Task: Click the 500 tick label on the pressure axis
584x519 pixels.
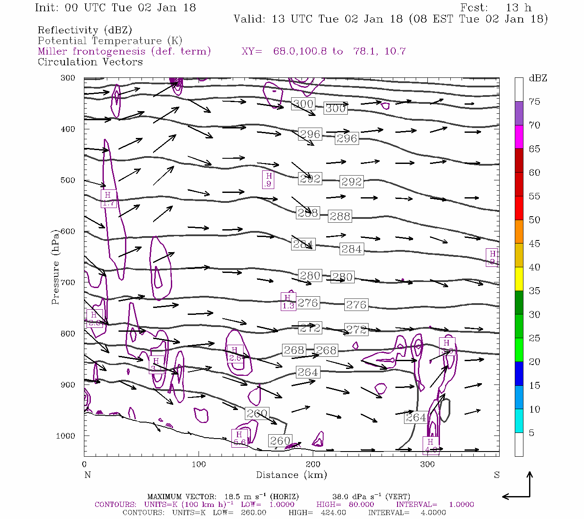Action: click(67, 180)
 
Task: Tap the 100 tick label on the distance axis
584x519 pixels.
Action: click(199, 465)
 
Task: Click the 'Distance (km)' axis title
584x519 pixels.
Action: click(291, 475)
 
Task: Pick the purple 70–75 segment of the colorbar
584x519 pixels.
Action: click(519, 113)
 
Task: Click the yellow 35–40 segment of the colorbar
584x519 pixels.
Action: click(519, 279)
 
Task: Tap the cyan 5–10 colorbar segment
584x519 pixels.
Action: click(519, 421)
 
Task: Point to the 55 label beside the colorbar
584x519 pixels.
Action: click(534, 196)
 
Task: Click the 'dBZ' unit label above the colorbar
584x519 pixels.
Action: click(538, 78)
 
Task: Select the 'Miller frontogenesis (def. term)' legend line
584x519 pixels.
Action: click(124, 51)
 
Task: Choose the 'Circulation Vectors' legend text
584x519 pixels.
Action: click(90, 62)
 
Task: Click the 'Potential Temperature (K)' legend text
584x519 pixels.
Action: click(110, 41)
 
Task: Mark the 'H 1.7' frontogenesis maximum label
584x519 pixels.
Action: click(108, 199)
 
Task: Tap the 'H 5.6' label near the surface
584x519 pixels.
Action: click(239, 438)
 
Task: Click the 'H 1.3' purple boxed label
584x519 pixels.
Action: click(288, 301)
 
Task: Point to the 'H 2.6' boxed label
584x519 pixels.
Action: click(234, 354)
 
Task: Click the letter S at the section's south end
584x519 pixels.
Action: click(497, 475)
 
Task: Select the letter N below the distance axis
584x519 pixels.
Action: click(87, 475)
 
